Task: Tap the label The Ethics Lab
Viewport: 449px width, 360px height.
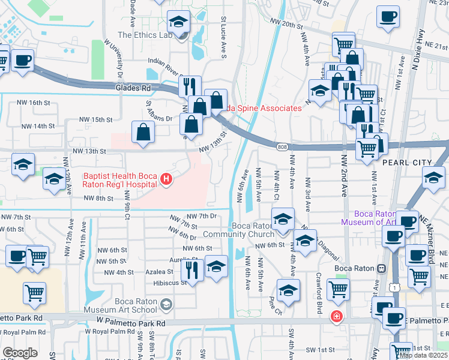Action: [x=145, y=35]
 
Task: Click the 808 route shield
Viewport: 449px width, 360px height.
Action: [x=283, y=147]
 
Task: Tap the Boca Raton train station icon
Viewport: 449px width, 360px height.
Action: [x=381, y=268]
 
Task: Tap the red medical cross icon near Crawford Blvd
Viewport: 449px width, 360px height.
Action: [x=337, y=316]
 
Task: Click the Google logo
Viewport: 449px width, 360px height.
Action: [x=20, y=352]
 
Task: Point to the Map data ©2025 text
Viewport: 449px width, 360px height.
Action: [x=423, y=355]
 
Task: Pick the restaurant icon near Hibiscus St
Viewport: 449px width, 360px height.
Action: [x=191, y=268]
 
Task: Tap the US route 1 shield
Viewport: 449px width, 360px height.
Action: [x=392, y=289]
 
